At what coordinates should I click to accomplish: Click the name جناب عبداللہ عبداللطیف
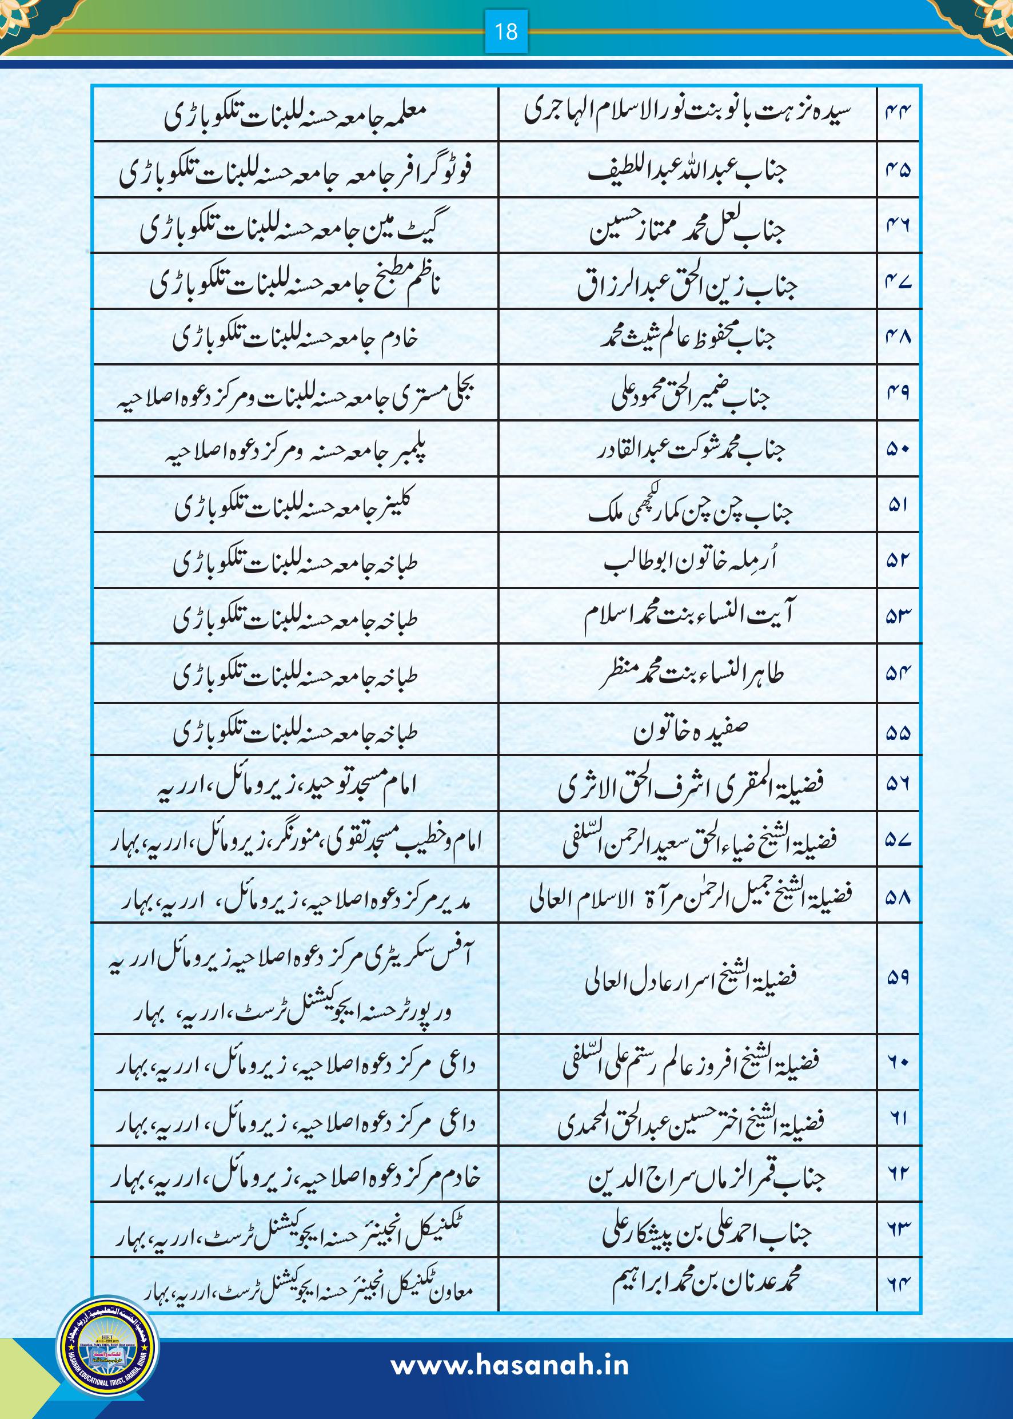tap(687, 170)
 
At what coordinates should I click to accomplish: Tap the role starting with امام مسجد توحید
tap(287, 786)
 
